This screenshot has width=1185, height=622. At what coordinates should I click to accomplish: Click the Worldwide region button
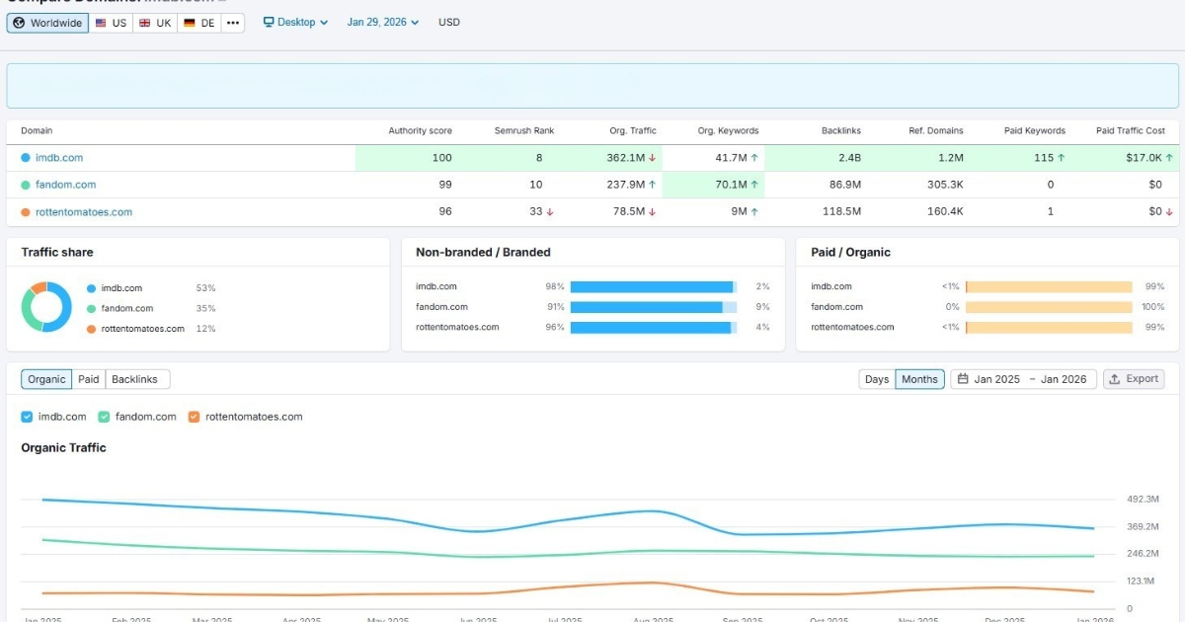click(x=47, y=23)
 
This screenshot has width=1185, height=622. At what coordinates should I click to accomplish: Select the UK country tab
click(x=155, y=23)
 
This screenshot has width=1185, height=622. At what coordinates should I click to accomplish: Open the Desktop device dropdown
click(x=295, y=22)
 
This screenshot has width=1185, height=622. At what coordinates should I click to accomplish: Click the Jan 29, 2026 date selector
click(x=382, y=22)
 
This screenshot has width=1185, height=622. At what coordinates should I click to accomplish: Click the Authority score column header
click(x=420, y=130)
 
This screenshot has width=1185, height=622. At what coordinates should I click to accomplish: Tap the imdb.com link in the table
click(x=59, y=158)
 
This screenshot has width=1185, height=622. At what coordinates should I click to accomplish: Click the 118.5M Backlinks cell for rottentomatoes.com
click(x=840, y=212)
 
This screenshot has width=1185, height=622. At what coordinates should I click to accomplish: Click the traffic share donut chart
click(x=46, y=307)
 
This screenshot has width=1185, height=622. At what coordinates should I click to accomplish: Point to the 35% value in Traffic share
click(x=205, y=308)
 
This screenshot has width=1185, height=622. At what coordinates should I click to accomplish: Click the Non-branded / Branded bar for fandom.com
click(x=653, y=307)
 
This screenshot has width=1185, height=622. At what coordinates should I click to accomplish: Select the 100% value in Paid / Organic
click(x=1152, y=307)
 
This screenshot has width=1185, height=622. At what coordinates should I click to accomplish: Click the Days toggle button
click(x=877, y=379)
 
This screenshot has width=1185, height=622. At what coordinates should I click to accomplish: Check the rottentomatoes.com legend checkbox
click(x=194, y=417)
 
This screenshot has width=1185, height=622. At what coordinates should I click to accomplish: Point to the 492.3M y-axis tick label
click(x=1143, y=500)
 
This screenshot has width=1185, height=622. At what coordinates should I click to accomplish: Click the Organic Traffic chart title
click(x=63, y=447)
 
